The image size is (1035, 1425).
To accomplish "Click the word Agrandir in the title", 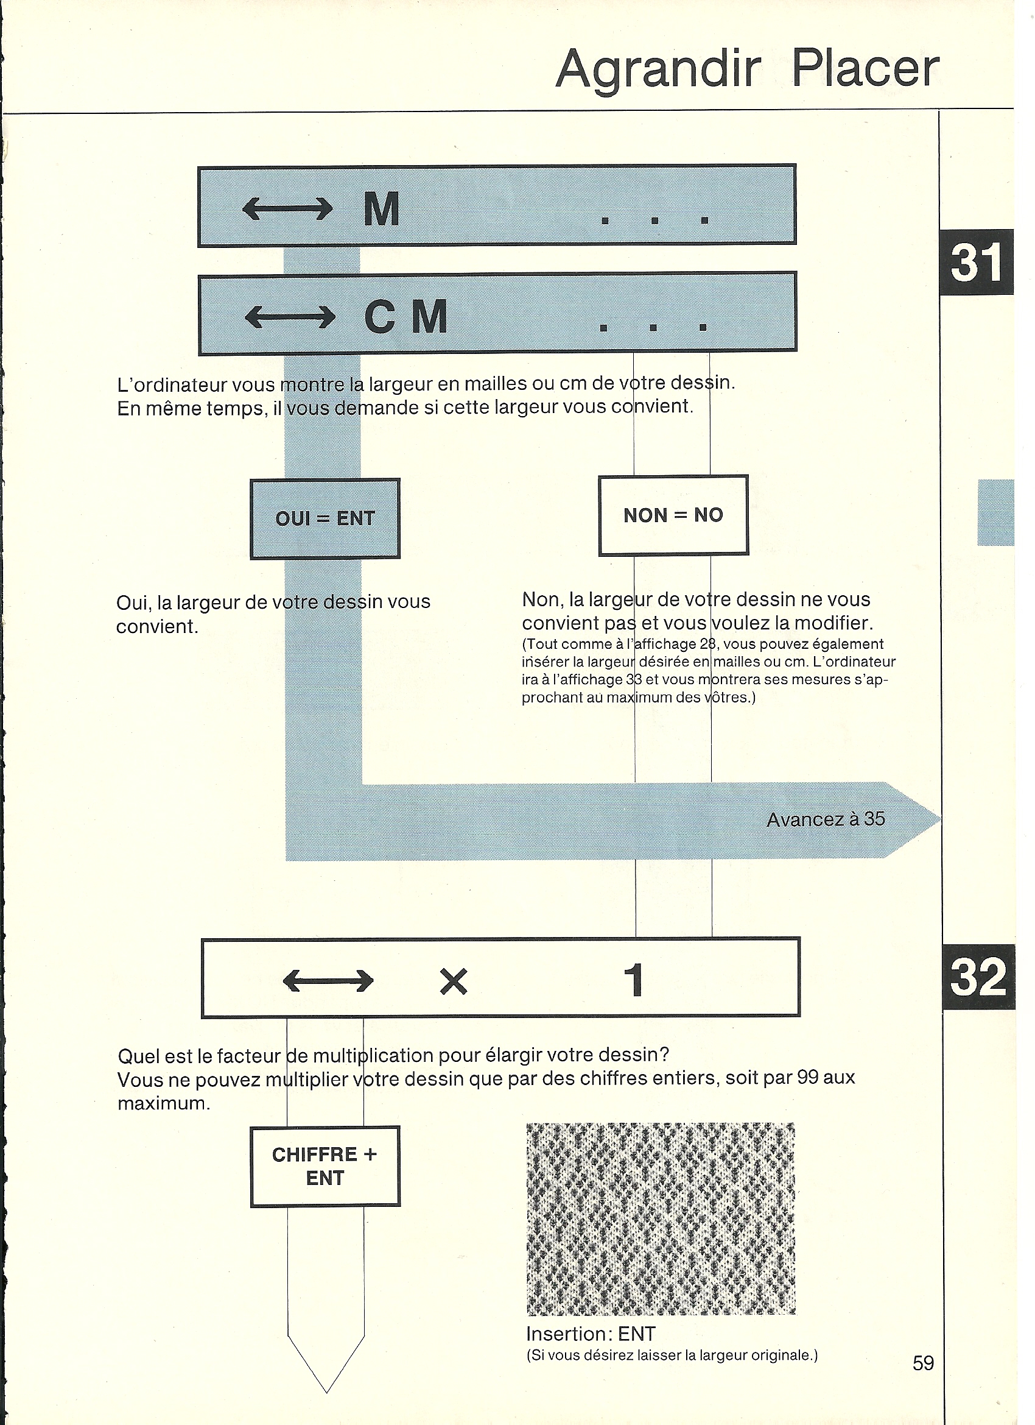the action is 658,69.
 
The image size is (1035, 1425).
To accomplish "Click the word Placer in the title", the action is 865,68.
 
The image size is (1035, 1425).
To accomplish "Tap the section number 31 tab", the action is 977,262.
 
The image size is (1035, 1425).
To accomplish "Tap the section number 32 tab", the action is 978,977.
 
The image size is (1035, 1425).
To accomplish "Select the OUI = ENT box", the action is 325,519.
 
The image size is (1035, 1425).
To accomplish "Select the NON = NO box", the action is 673,515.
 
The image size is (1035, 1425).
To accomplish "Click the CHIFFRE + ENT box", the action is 325,1167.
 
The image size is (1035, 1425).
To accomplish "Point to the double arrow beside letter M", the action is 287,208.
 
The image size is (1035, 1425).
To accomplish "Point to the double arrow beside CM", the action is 290,317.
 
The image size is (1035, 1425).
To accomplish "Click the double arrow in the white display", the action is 329,980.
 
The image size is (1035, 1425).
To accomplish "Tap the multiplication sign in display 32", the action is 454,981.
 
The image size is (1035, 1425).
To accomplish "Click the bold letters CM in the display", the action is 405,316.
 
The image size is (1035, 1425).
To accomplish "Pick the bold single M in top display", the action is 382,208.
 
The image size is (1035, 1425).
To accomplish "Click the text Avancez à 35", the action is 825,819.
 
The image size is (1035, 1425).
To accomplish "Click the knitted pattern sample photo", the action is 661,1218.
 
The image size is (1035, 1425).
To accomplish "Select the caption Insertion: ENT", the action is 591,1333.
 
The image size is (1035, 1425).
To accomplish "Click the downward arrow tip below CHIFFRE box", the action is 326,1392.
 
